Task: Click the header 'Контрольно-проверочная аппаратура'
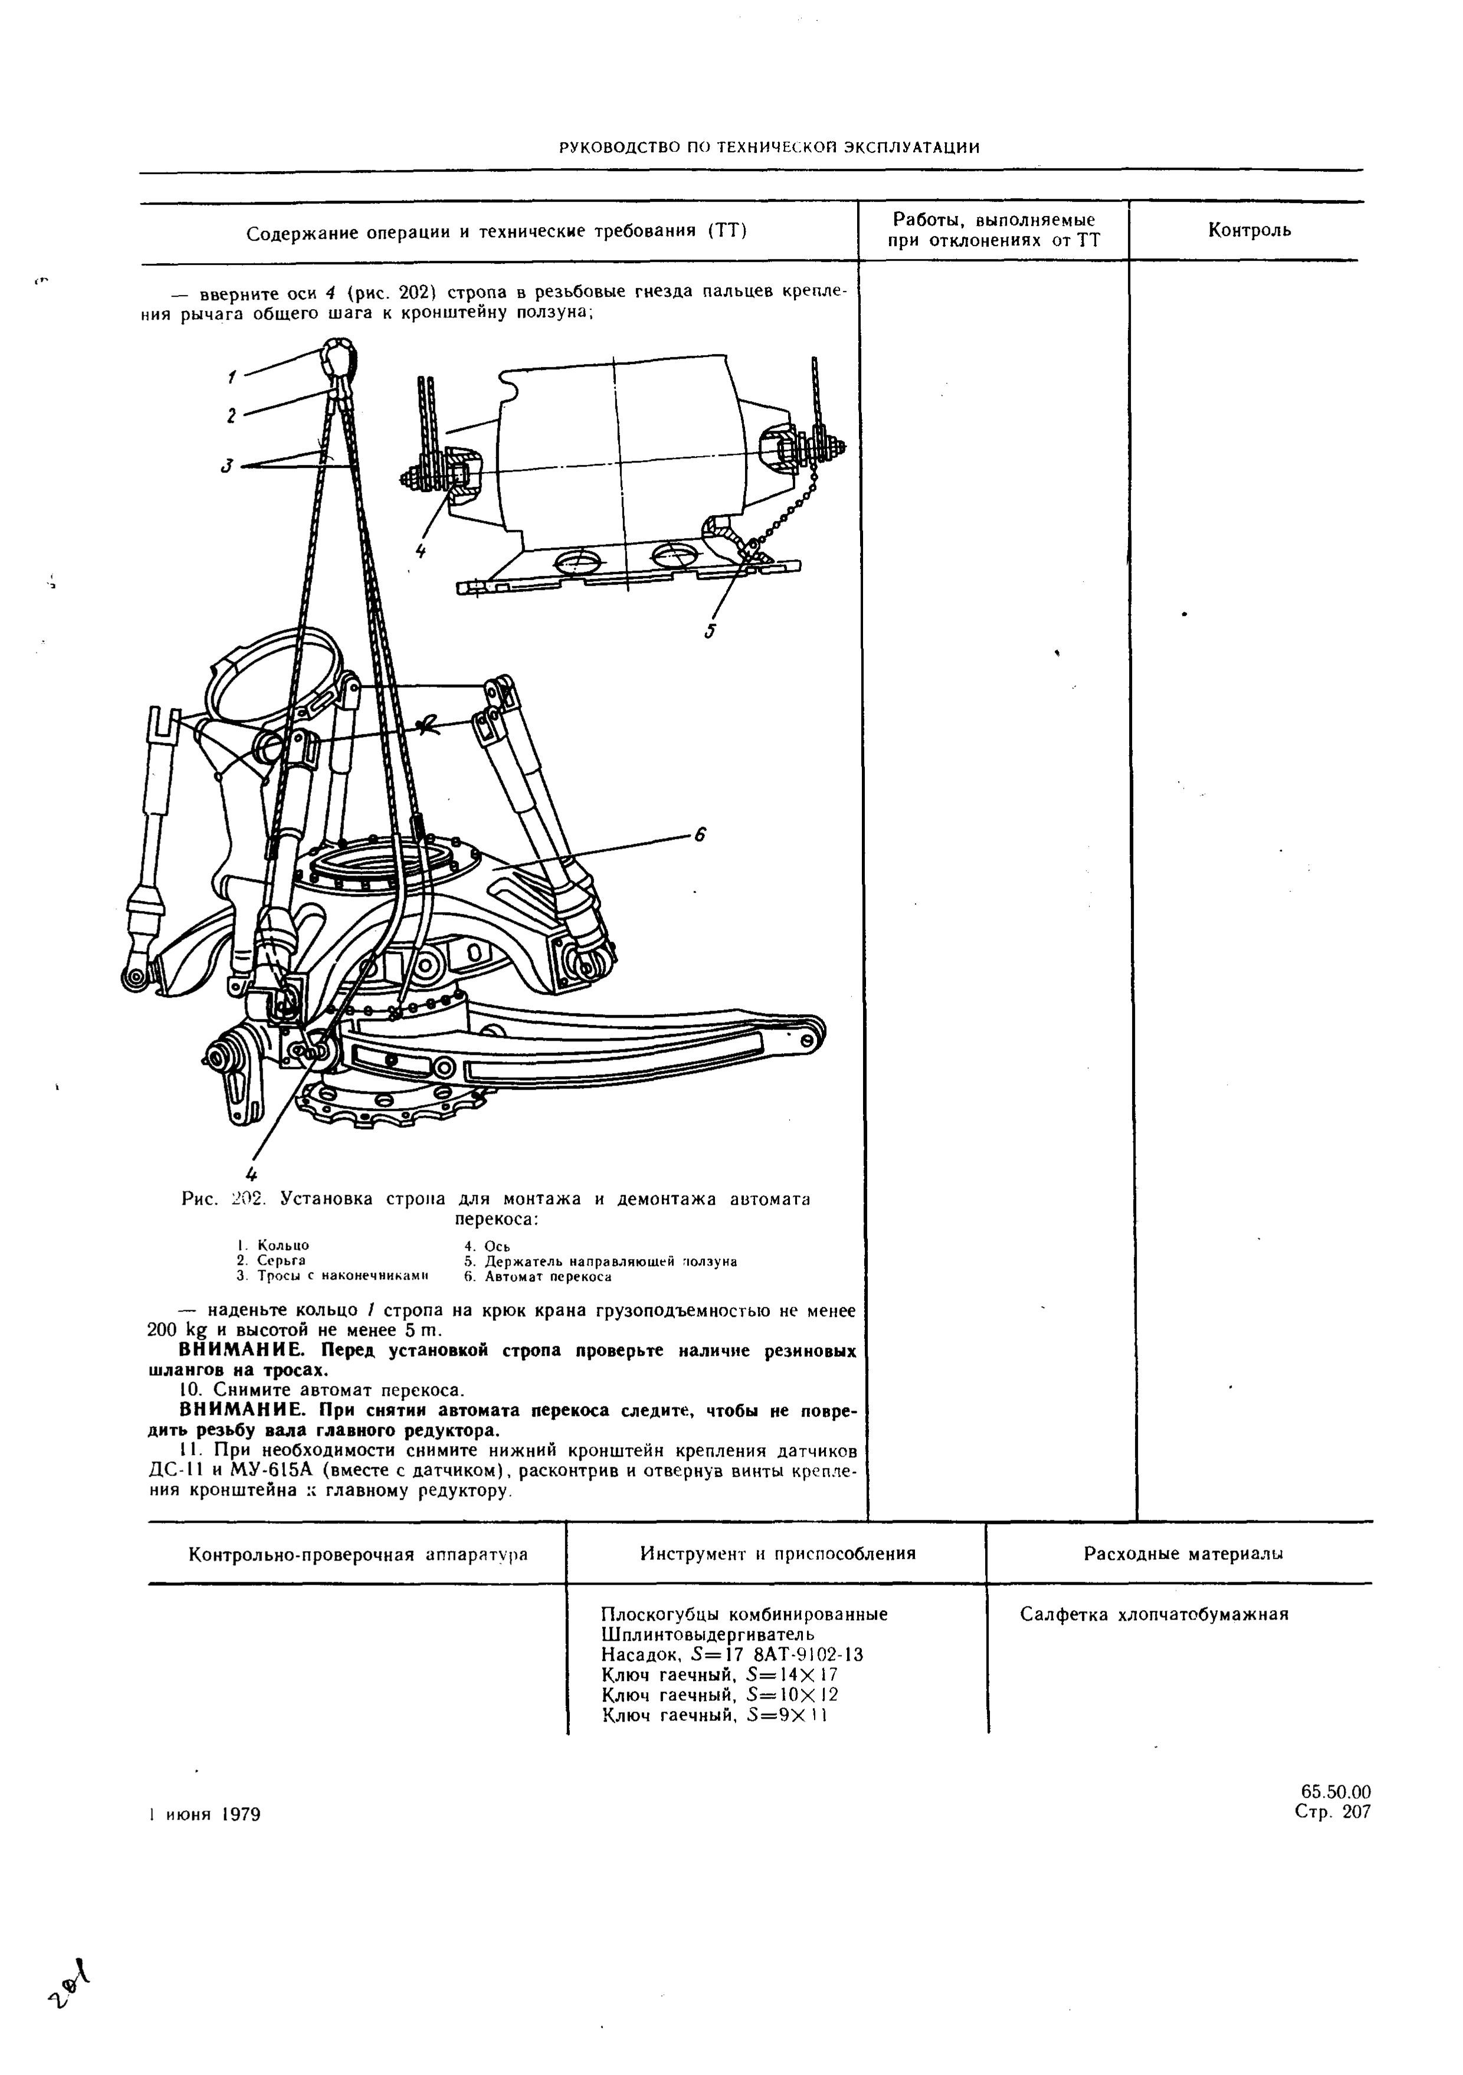point(358,1555)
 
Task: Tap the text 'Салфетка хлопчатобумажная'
point(1153,1614)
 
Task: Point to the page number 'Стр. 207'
point(1332,1812)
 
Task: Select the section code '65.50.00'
point(1336,1792)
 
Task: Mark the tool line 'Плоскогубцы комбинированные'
point(744,1614)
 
